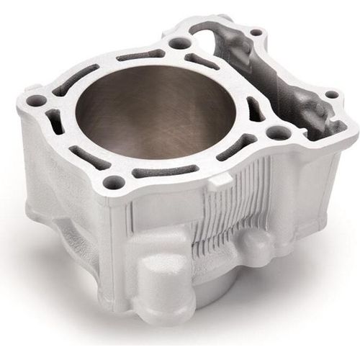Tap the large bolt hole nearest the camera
point(113,183)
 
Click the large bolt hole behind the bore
point(180,43)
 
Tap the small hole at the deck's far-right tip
point(332,94)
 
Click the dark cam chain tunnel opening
point(288,86)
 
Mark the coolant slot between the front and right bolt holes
point(238,147)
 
